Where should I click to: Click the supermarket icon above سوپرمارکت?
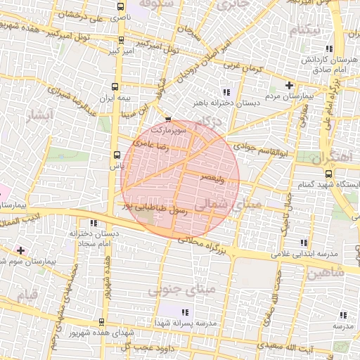(x=168, y=120)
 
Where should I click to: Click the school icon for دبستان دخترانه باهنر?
(x=226, y=92)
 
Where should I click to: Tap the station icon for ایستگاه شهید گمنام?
(x=328, y=173)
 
